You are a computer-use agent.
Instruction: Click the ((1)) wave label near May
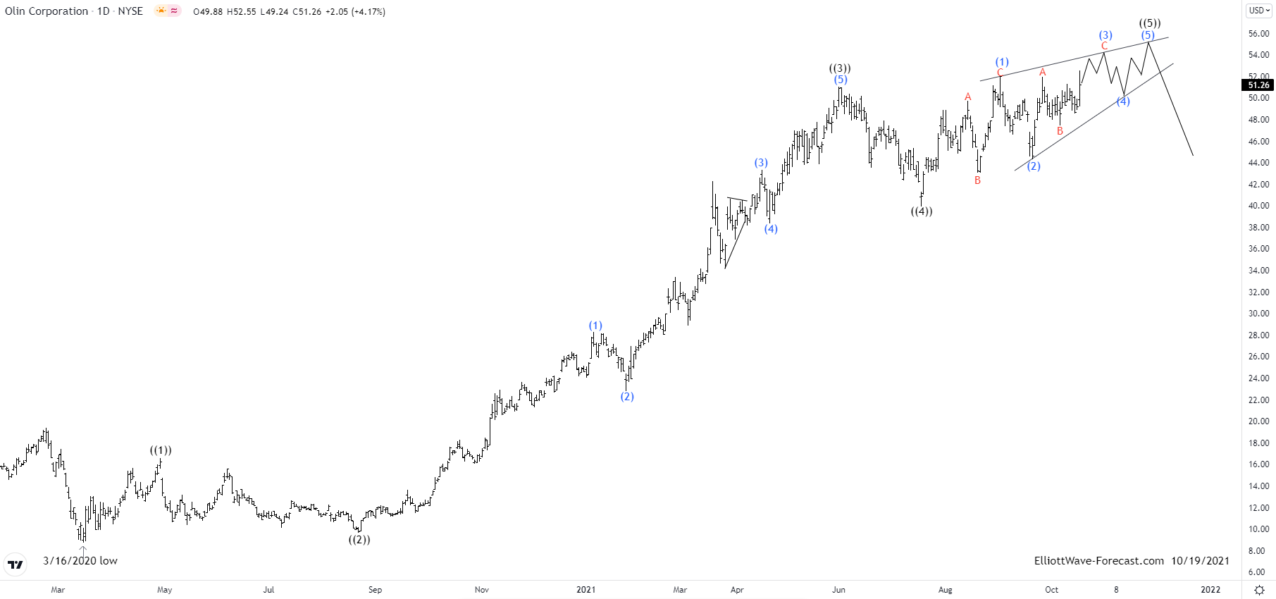(161, 450)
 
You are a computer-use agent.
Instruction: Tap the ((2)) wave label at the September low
(359, 540)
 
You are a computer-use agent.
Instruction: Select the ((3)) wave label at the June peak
(840, 68)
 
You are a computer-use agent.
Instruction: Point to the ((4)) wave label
(922, 211)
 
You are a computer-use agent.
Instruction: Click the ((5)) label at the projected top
(1150, 23)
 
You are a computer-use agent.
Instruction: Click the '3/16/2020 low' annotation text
(80, 561)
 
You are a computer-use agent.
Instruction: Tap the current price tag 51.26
(1258, 85)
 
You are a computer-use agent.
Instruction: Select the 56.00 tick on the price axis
(1258, 34)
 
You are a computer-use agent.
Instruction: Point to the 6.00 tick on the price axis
(1258, 572)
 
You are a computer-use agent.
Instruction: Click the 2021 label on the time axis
(586, 590)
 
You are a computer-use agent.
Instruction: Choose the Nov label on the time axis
(482, 590)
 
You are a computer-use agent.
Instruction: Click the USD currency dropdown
(1259, 11)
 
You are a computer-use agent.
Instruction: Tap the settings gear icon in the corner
(1260, 590)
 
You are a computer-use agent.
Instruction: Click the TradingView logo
(15, 564)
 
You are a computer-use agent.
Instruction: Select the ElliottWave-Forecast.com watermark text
(1099, 561)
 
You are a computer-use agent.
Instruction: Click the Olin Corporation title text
(47, 11)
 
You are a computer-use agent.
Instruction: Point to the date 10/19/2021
(1201, 561)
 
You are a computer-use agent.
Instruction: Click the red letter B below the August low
(978, 180)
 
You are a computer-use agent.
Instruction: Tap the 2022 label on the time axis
(1210, 590)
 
